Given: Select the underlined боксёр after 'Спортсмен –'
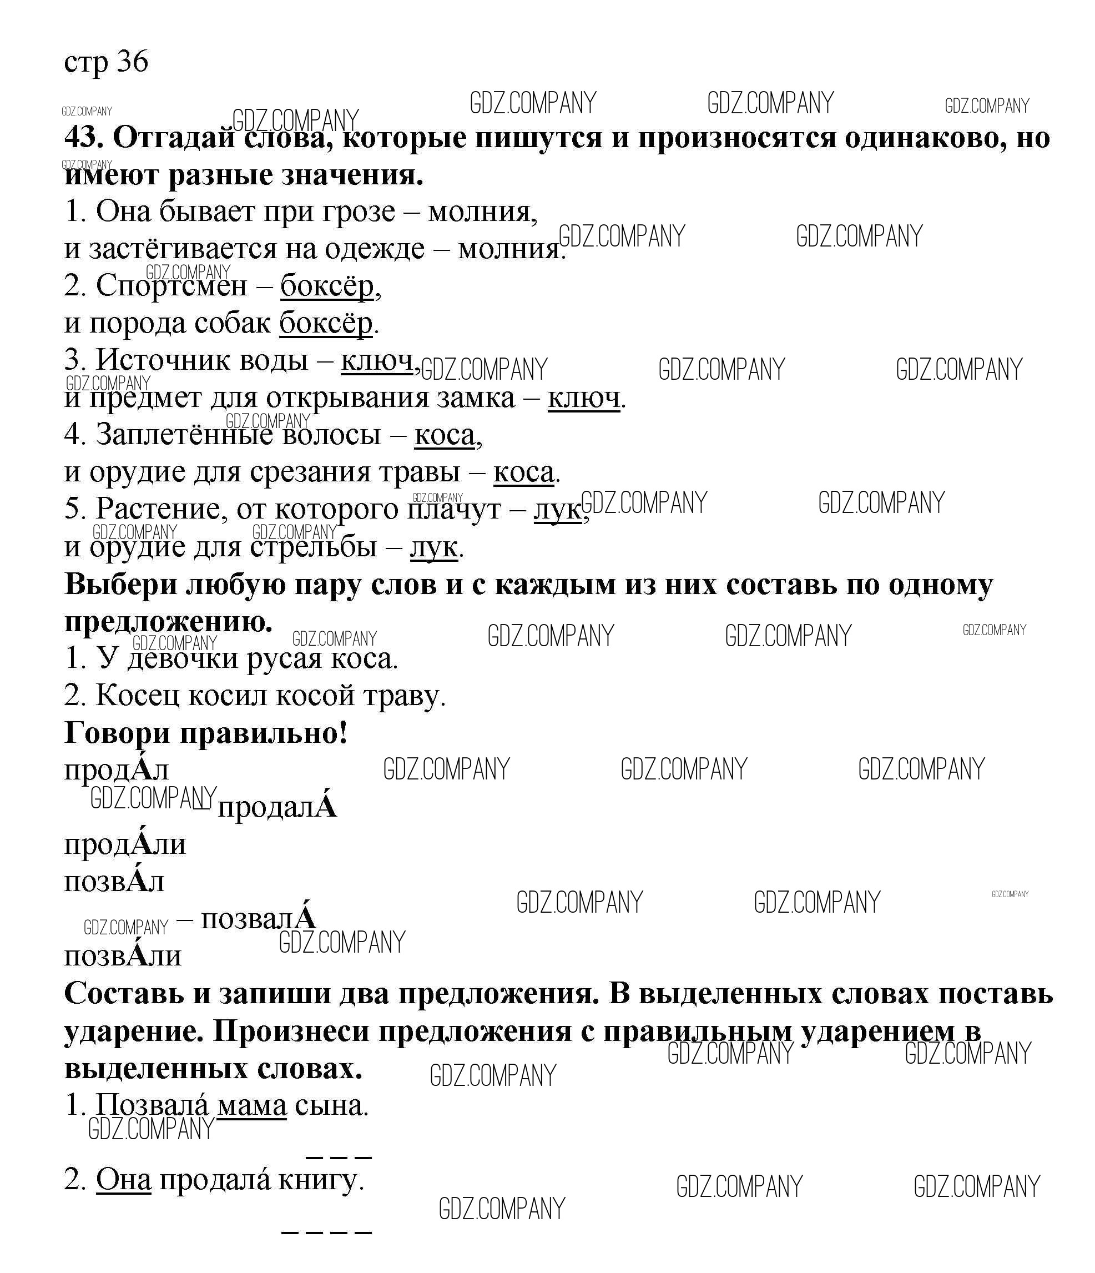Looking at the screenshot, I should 327,286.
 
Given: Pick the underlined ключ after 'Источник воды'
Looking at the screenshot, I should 376,361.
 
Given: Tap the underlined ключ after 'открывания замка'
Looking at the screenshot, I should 583,399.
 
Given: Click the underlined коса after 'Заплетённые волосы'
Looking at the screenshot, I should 445,436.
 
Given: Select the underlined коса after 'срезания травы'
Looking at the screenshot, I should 523,473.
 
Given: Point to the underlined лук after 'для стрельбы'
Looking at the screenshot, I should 433,547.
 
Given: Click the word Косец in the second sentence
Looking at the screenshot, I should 138,696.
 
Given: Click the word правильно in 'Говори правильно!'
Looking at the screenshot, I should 264,733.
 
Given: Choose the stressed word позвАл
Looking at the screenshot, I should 114,882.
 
